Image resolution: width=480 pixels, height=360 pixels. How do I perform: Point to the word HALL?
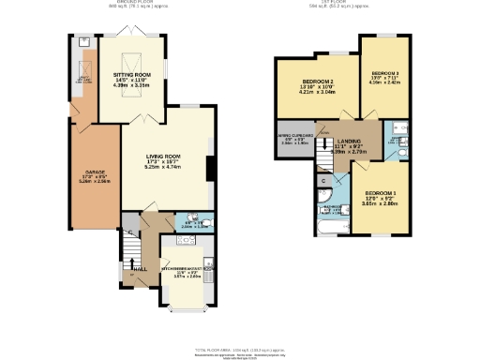pyautogui.click(x=141, y=269)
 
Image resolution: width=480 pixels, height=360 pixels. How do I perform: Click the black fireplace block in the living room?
pyautogui.click(x=209, y=169)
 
